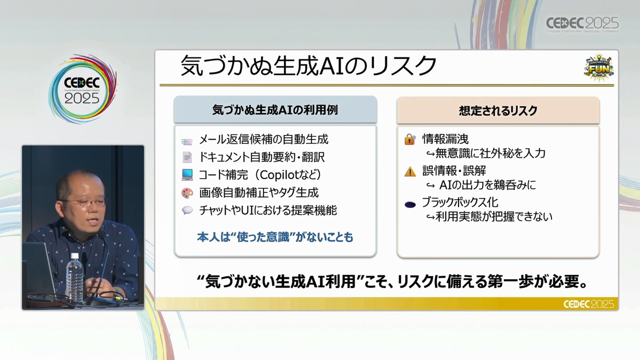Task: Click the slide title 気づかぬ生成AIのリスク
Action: coord(308,66)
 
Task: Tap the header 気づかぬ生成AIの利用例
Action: coord(275,110)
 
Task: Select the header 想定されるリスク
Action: coord(498,111)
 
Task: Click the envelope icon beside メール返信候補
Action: coord(187,142)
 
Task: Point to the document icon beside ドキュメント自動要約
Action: coord(187,157)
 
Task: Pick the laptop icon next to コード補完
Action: coord(187,175)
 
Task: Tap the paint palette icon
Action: coord(187,193)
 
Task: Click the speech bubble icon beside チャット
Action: coord(187,210)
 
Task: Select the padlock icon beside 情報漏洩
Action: coord(410,139)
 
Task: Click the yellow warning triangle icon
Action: coord(410,172)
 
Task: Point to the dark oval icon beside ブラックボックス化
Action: coord(410,205)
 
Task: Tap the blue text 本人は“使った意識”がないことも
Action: coord(275,237)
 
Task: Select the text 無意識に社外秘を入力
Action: coord(490,153)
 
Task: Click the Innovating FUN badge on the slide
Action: coord(599,68)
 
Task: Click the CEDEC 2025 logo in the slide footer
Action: coord(589,304)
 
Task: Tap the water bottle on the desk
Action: coord(74,278)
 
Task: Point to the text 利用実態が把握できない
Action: coord(494,217)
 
